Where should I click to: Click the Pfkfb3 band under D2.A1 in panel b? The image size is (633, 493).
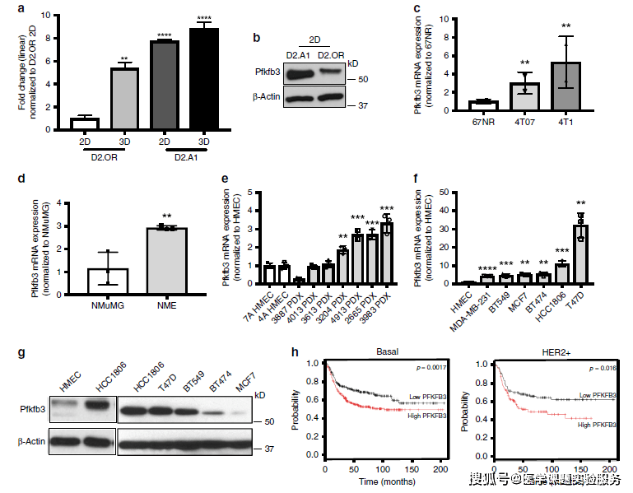click(x=297, y=73)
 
